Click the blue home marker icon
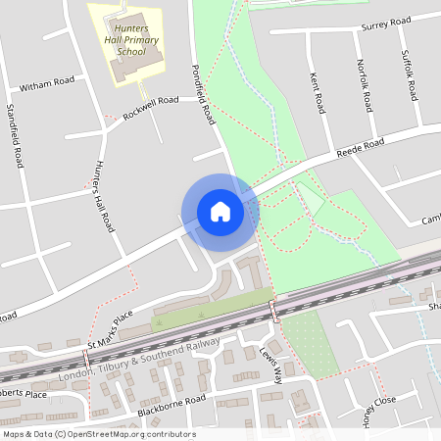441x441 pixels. point(220,212)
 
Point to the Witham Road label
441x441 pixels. point(46,84)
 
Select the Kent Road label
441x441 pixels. point(317,89)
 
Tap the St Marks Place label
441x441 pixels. point(109,330)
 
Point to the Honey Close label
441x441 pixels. point(377,413)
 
